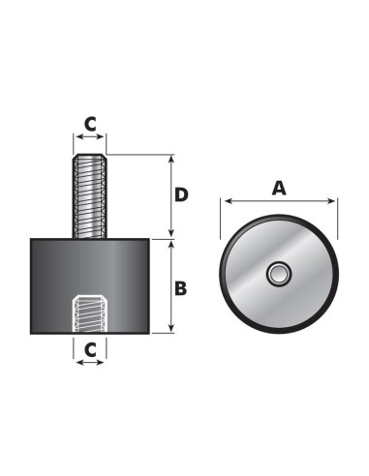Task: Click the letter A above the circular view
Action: tap(279, 189)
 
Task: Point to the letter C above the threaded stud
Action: tap(90, 123)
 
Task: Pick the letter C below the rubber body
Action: tap(90, 347)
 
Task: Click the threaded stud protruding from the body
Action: tap(90, 198)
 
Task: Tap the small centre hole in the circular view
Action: tap(278, 276)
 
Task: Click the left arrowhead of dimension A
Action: tap(227, 203)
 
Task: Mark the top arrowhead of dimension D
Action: tap(170, 158)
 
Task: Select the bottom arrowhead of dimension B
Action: tap(170, 331)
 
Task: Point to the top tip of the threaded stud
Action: tap(90, 158)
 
